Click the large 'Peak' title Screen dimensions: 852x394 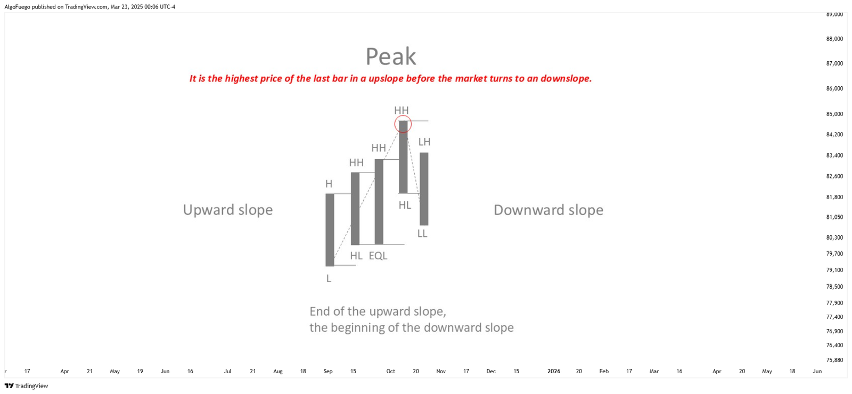click(x=391, y=56)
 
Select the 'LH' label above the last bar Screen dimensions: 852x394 click(x=424, y=142)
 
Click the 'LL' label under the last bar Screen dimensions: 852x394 click(x=422, y=234)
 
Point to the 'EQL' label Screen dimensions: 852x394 click(x=378, y=256)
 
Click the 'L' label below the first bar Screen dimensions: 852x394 click(x=329, y=279)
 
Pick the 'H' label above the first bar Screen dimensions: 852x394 click(x=329, y=184)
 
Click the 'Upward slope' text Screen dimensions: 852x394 click(x=228, y=210)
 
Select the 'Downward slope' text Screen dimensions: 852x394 click(x=548, y=210)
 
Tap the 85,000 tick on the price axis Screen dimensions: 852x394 click(x=834, y=114)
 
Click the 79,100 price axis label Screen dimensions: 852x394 click(x=834, y=270)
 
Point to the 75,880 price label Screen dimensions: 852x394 click(x=834, y=360)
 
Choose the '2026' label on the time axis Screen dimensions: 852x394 click(x=554, y=371)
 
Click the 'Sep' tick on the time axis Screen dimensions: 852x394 click(x=328, y=371)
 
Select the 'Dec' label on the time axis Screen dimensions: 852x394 click(x=491, y=371)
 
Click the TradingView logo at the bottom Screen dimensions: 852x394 click(x=26, y=386)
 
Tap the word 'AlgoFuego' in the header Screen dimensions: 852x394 click(x=17, y=7)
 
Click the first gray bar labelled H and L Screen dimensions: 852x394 click(x=330, y=229)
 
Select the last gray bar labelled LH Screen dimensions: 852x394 click(x=424, y=188)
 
